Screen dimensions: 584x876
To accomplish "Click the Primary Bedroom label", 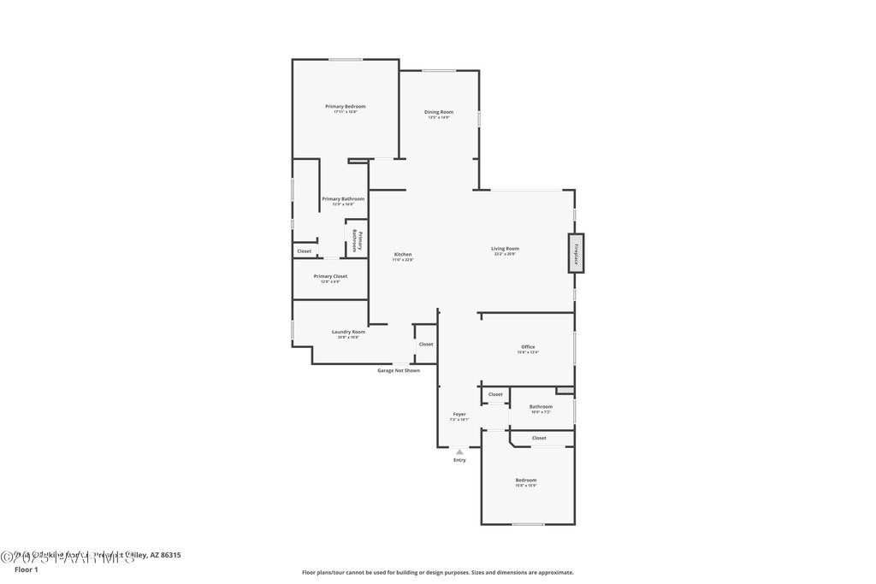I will (x=346, y=107).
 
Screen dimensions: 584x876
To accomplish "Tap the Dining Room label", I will (x=440, y=112).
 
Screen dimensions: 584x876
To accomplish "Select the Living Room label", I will (x=505, y=249).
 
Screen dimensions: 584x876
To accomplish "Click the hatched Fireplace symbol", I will (x=577, y=253).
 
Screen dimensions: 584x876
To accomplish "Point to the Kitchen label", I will (x=403, y=255).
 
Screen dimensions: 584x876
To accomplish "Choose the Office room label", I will (x=528, y=347).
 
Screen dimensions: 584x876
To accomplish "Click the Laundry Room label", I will (x=348, y=332).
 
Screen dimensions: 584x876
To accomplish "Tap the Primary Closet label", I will (x=330, y=276).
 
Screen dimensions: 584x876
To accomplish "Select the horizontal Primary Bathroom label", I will (x=343, y=199).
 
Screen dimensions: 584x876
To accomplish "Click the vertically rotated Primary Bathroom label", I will (x=358, y=240).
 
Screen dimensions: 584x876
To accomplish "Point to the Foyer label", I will (x=459, y=415).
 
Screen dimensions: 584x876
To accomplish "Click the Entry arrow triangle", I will (x=459, y=451).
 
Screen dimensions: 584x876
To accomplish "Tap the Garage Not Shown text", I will (x=399, y=370).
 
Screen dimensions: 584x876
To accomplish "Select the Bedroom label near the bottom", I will (x=526, y=481).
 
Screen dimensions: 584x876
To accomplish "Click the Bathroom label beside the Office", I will (x=541, y=407).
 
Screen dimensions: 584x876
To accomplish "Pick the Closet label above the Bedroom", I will (x=539, y=438).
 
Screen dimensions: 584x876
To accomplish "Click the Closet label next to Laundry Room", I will (x=426, y=344).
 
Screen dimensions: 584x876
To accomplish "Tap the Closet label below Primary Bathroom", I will (x=305, y=251).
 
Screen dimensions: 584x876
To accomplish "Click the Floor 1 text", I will (x=27, y=569).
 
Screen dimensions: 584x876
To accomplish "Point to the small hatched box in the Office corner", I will (x=565, y=391).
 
